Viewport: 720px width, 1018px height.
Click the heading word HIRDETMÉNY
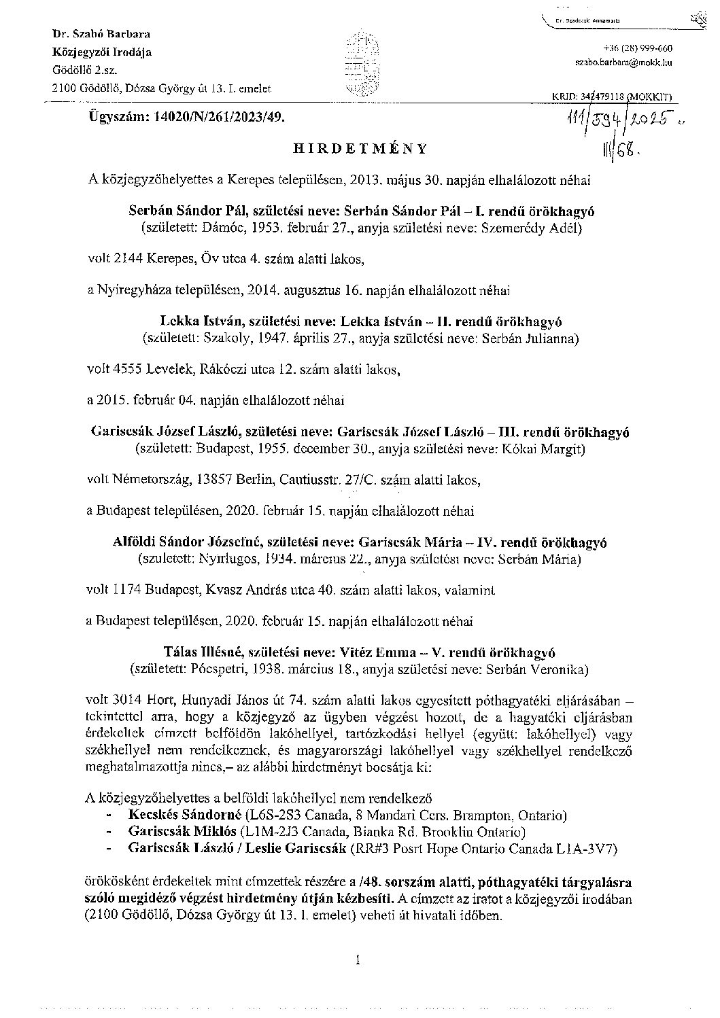[x=360, y=148]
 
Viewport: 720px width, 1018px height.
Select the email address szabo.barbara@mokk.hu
[x=623, y=62]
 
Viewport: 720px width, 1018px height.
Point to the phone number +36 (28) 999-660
[x=638, y=48]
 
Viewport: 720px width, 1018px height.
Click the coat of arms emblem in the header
[x=360, y=65]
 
